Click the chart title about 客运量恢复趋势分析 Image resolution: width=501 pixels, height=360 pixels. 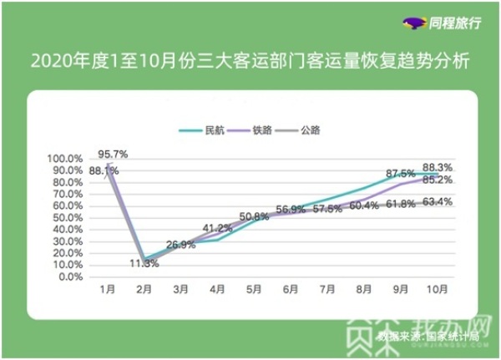(x=250, y=61)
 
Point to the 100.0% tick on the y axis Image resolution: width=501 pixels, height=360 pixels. (x=64, y=159)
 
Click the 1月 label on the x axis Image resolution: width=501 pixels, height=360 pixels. (x=107, y=290)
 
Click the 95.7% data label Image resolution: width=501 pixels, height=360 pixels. (x=112, y=154)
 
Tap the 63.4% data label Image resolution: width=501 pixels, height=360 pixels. (x=438, y=201)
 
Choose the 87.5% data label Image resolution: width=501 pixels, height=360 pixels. (x=401, y=173)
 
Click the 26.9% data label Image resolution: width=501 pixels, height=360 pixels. (x=180, y=245)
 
